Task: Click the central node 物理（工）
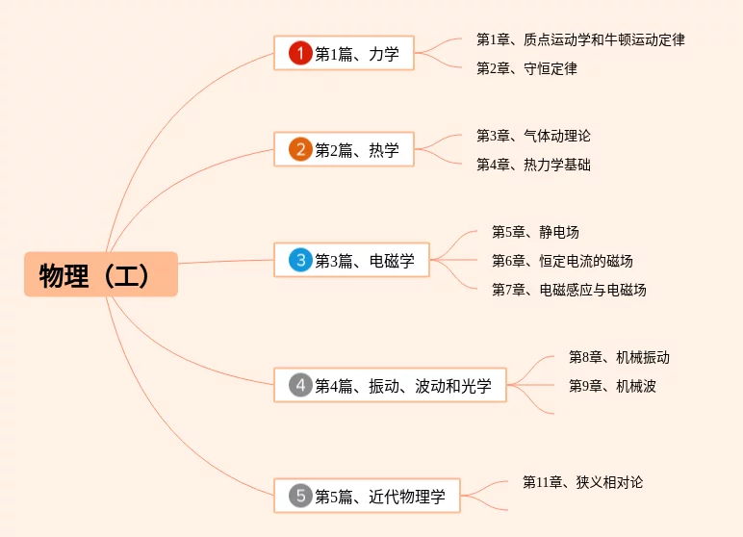click(101, 274)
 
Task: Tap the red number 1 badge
click(300, 54)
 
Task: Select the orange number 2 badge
click(300, 149)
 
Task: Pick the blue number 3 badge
click(300, 260)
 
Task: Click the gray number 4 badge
click(300, 385)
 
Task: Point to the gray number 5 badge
click(300, 496)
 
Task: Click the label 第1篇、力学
click(357, 54)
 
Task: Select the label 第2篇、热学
click(357, 149)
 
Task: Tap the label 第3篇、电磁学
click(365, 260)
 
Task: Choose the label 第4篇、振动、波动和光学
click(403, 386)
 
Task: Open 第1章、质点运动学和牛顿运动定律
click(580, 39)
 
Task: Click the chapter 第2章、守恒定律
click(526, 68)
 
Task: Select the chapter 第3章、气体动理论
click(533, 136)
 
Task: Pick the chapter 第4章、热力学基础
click(533, 165)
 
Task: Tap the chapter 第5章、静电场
click(535, 232)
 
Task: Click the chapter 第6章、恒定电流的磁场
click(562, 261)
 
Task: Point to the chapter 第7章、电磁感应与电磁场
click(569, 290)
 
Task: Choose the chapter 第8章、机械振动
click(619, 357)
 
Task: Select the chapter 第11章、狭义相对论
click(582, 482)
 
